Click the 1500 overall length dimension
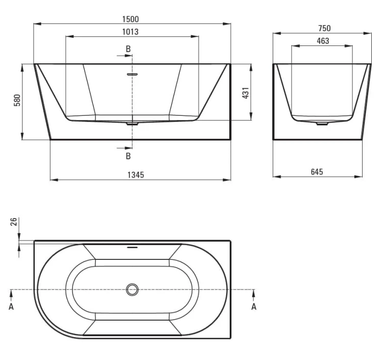pyautogui.click(x=130, y=19)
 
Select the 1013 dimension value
pyautogui.click(x=130, y=32)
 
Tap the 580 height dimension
pyautogui.click(x=17, y=100)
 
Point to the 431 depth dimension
pyautogui.click(x=246, y=93)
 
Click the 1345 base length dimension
pyautogui.click(x=136, y=175)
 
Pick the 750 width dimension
pyautogui.click(x=324, y=28)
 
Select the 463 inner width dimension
pyautogui.click(x=323, y=41)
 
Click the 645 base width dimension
pyautogui.click(x=317, y=172)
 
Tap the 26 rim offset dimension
pyautogui.click(x=14, y=222)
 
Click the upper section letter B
pyautogui.click(x=128, y=49)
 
